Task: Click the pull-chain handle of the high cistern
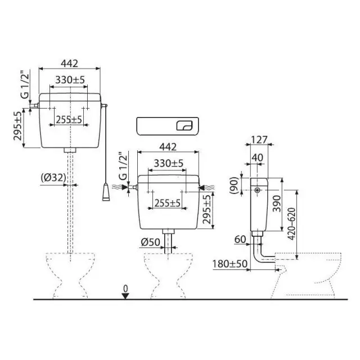pos(106,192)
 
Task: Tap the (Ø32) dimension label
pos(53,178)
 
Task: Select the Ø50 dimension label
pos(151,242)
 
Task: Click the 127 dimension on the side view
pos(259,139)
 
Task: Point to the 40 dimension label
pos(258,157)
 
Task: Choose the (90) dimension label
pos(234,186)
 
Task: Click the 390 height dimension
pos(276,204)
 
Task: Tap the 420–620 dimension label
pos(292,224)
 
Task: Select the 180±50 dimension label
pos(230,264)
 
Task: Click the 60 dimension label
pos(240,240)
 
